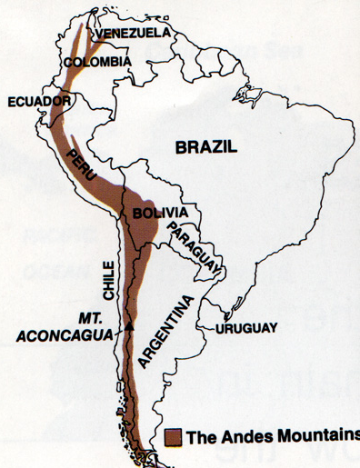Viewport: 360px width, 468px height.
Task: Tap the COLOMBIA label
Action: [97, 63]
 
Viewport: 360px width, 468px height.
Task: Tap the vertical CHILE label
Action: [110, 281]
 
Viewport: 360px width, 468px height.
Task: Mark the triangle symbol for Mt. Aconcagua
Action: [129, 324]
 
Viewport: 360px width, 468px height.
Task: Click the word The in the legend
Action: [202, 436]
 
